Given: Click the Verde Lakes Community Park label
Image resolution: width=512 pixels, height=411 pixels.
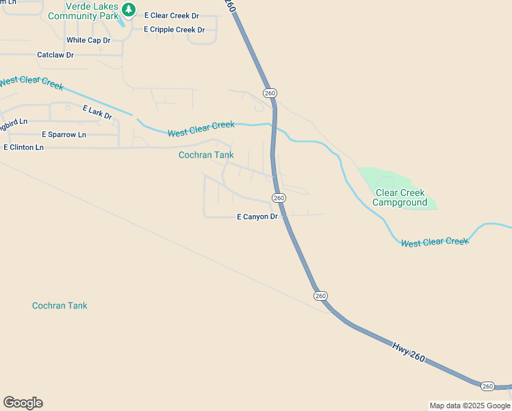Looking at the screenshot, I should [x=83, y=11].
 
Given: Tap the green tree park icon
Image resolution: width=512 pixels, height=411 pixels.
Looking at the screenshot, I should [x=129, y=10].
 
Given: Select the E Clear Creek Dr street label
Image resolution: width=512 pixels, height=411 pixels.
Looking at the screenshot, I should [x=171, y=15].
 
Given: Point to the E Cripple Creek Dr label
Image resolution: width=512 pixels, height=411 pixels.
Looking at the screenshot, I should [x=174, y=29].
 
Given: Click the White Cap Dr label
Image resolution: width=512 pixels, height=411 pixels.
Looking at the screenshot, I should [x=88, y=40].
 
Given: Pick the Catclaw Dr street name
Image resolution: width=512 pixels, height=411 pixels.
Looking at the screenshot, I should [x=55, y=55].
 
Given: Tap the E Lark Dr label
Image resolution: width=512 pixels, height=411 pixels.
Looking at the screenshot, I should [x=97, y=112].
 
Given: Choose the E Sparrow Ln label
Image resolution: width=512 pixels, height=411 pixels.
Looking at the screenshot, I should [x=64, y=135].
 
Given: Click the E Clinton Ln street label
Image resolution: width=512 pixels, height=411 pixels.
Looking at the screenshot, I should [x=23, y=147].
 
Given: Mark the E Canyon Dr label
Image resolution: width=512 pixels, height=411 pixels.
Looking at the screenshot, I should [x=257, y=217].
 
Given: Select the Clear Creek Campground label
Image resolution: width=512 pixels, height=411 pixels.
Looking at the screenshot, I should [x=400, y=198].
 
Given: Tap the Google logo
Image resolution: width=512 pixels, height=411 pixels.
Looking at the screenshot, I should [x=23, y=403].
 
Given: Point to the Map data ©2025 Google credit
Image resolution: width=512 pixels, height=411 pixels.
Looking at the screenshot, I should [x=470, y=406].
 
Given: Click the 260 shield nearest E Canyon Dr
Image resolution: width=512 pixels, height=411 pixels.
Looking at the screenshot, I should [x=279, y=197].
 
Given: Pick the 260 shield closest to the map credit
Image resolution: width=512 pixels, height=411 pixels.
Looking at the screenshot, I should [x=487, y=386].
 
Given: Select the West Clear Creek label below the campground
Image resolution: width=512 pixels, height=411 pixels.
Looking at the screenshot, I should [x=435, y=242].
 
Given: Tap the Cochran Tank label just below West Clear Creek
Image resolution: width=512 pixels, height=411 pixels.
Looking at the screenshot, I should [x=206, y=155].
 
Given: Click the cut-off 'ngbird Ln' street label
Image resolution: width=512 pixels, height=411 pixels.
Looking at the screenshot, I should [x=14, y=122].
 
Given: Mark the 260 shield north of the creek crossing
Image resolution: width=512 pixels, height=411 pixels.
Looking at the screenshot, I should [x=270, y=93].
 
